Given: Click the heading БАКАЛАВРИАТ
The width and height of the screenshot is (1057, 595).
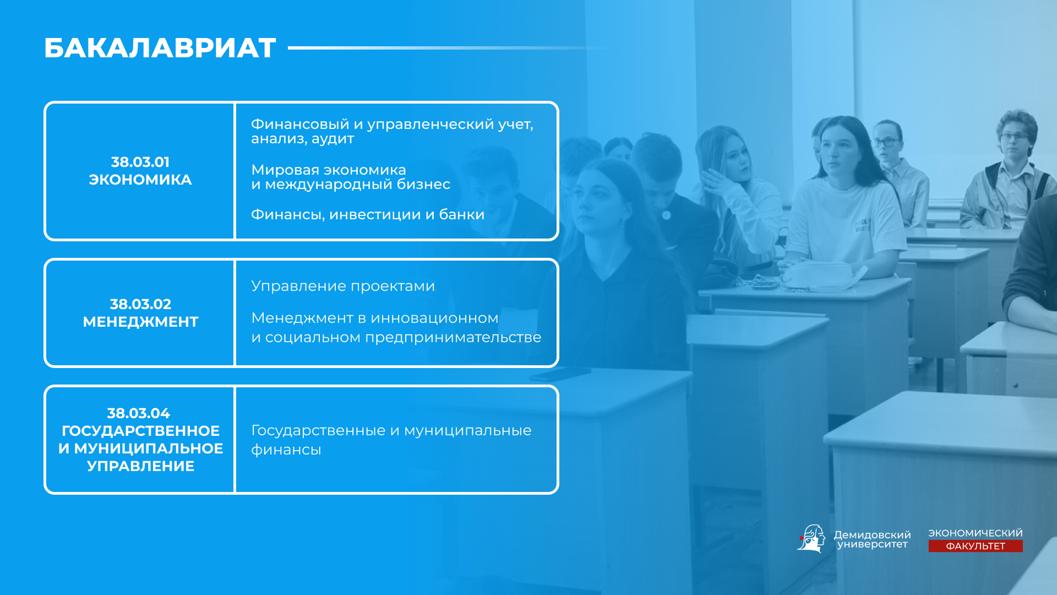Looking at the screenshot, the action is coord(160,48).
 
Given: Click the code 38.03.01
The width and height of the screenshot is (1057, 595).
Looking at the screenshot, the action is coord(140,162).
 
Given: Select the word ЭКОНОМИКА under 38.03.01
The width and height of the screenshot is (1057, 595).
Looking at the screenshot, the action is coord(140,180).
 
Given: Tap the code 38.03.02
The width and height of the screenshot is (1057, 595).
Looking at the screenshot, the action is coord(140,304).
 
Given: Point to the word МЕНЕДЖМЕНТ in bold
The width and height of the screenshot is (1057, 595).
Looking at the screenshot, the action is coord(140,322).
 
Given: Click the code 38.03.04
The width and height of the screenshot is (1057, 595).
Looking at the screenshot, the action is coord(139,413).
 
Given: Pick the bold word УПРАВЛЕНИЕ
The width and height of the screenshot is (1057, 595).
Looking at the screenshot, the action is coord(141,466).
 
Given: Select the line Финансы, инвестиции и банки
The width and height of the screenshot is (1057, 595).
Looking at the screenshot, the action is coord(368,215).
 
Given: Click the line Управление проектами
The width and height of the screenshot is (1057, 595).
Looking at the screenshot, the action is coord(343,286).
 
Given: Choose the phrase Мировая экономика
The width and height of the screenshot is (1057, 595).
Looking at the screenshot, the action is coord(329,170).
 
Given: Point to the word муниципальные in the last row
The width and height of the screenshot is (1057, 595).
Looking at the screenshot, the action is coord(468,431).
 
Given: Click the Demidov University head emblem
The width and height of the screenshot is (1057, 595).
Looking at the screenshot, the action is coord(811,538).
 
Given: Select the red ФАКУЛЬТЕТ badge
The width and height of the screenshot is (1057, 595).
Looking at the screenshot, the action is coord(976,546).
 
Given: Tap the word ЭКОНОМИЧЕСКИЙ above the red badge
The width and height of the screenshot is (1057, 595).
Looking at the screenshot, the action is coord(976,533).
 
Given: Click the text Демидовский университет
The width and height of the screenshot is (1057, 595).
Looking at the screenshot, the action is coord(872,540).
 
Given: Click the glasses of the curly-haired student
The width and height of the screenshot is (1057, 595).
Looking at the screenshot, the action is coord(1014,137).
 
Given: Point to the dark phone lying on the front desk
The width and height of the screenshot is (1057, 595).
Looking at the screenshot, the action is coord(560,374).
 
